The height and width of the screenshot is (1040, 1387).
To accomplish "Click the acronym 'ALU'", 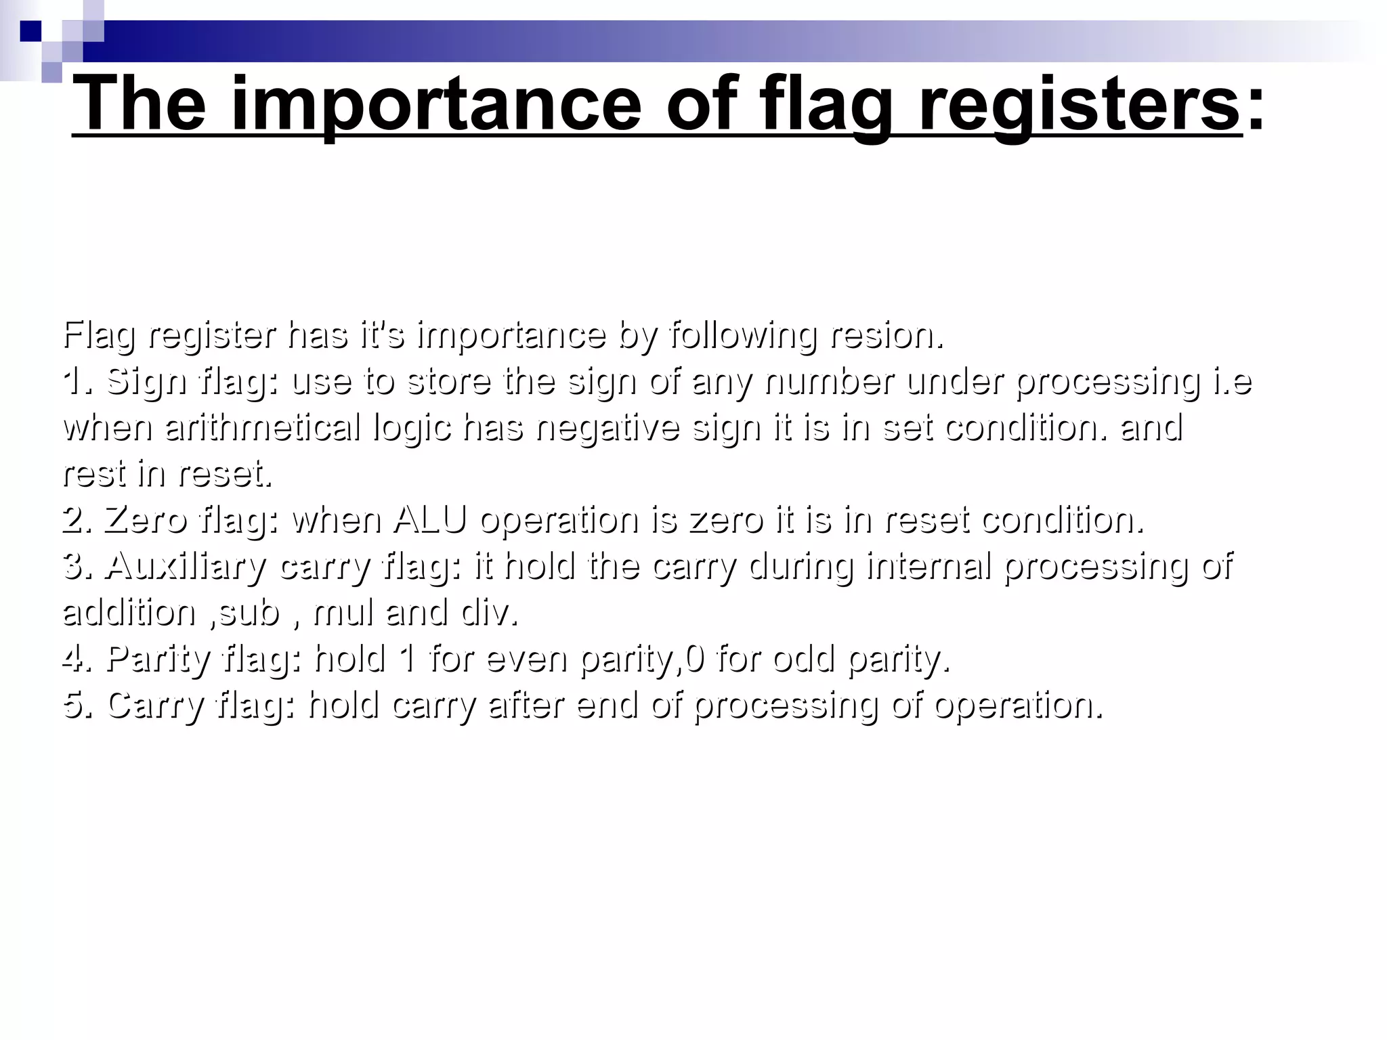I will [x=429, y=519].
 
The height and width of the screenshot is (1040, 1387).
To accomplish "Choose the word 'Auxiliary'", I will [x=186, y=566].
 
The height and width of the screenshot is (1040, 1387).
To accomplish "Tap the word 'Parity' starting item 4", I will [x=160, y=658].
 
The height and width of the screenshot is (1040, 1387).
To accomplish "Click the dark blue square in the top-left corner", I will [x=30, y=31].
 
